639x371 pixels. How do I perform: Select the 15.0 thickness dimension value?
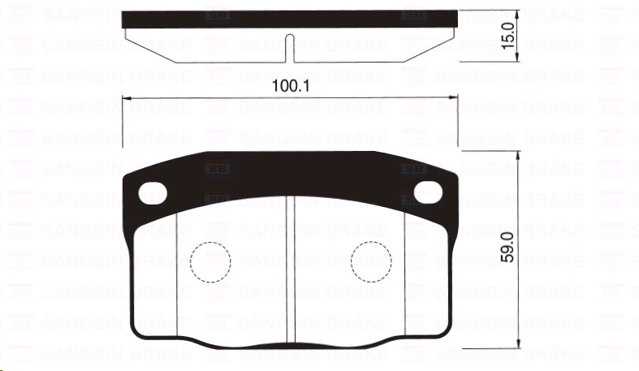click(x=509, y=37)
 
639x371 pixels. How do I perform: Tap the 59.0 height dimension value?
click(x=509, y=246)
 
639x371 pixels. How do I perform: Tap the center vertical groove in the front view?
click(x=290, y=268)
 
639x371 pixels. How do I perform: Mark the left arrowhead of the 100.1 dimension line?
click(x=125, y=98)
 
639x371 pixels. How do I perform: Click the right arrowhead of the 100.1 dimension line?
click(x=453, y=98)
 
